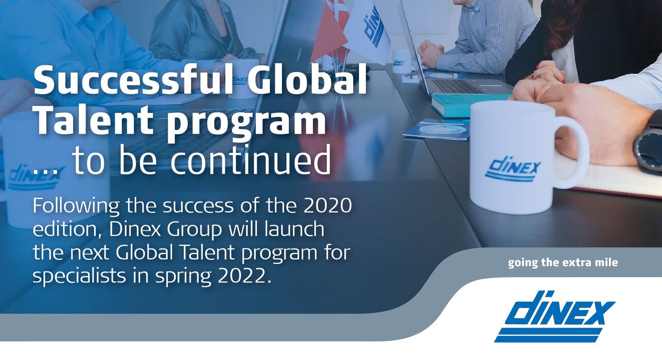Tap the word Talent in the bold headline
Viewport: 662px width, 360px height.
[x=94, y=120]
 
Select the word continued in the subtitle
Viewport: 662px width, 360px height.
[x=251, y=161]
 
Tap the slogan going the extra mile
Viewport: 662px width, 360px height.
[x=563, y=263]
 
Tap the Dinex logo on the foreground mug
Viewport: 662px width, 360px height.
[x=513, y=169]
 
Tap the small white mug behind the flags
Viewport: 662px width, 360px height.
[x=402, y=61]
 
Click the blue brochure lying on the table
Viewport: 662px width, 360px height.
[x=437, y=130]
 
